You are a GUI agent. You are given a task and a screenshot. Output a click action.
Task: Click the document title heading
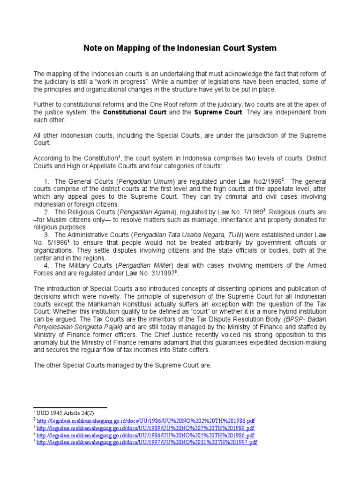[x=180, y=48]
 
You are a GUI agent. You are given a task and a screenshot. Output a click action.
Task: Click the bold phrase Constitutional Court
[x=133, y=112]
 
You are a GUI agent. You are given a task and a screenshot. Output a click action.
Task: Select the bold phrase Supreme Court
[x=218, y=112]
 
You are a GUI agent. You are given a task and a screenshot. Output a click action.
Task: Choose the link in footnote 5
[x=147, y=442]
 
